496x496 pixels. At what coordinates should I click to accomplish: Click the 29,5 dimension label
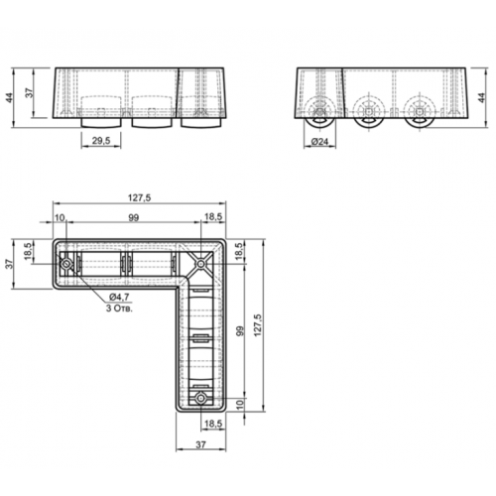(x=101, y=141)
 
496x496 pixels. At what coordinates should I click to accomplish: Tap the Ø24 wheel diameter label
(x=319, y=142)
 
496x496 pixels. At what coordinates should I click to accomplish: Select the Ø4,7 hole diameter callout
(x=119, y=297)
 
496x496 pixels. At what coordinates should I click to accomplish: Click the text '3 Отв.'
(x=119, y=309)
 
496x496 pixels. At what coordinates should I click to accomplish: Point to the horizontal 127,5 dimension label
(x=139, y=197)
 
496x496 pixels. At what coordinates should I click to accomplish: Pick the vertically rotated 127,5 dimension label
(x=258, y=325)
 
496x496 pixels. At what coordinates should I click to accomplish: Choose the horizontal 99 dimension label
(x=133, y=218)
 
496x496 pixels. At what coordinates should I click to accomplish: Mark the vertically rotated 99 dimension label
(x=240, y=331)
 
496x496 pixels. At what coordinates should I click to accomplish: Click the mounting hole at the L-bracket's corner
(x=200, y=264)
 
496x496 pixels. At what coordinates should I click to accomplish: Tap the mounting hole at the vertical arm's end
(x=200, y=399)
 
